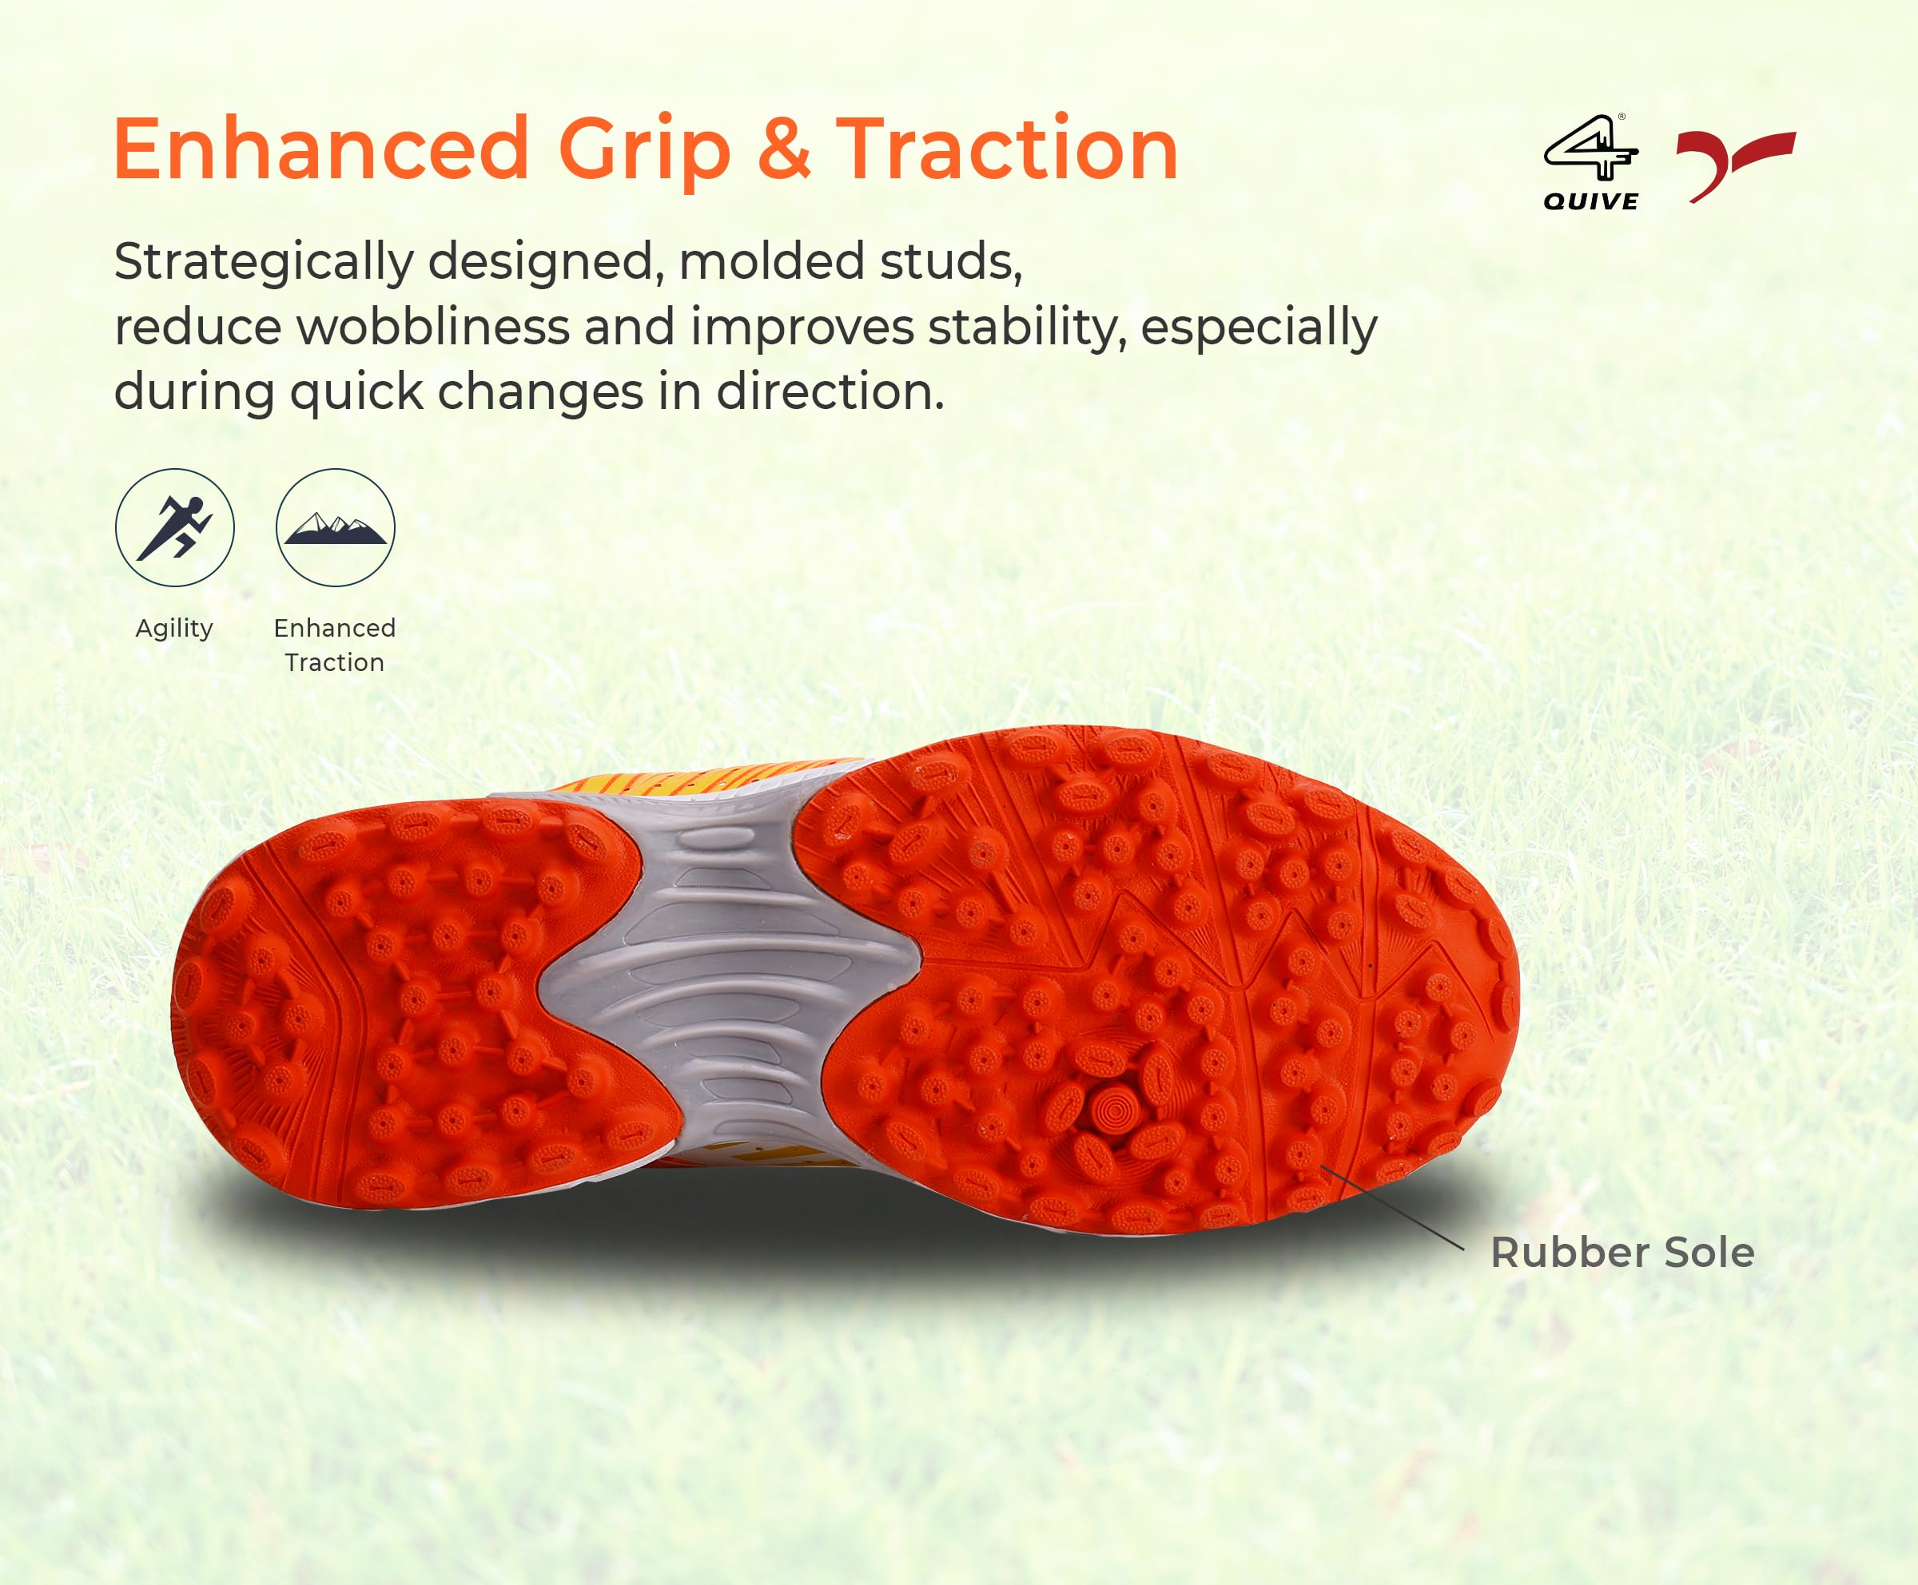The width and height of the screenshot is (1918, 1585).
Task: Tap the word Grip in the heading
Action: (645, 153)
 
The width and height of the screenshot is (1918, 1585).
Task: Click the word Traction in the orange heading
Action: (1008, 148)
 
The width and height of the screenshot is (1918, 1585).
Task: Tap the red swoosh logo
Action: (1735, 165)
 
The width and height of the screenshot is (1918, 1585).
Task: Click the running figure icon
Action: (174, 528)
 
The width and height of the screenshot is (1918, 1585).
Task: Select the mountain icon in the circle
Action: (335, 530)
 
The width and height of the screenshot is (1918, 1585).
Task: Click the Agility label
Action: (174, 629)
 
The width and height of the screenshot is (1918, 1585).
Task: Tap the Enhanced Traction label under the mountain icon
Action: (334, 645)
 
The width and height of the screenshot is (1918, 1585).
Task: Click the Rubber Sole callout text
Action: (1622, 1253)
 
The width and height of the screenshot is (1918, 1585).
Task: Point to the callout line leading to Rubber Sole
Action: (1392, 1207)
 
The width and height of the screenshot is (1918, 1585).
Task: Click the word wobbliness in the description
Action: (433, 327)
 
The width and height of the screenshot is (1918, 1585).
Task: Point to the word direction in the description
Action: (830, 391)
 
